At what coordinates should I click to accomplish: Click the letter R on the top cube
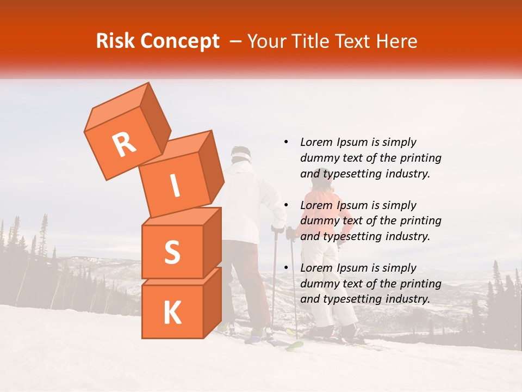click(124, 145)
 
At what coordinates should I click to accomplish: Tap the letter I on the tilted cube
click(175, 186)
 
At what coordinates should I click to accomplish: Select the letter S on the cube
click(172, 252)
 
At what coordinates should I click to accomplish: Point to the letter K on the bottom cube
click(172, 313)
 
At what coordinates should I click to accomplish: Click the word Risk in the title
click(115, 41)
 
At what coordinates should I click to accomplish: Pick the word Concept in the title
click(179, 41)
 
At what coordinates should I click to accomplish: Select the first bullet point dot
click(286, 142)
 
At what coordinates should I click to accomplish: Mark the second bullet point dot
click(286, 205)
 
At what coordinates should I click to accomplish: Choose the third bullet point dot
click(286, 268)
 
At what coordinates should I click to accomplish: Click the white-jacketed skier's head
click(240, 155)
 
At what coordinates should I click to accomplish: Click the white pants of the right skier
click(332, 289)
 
